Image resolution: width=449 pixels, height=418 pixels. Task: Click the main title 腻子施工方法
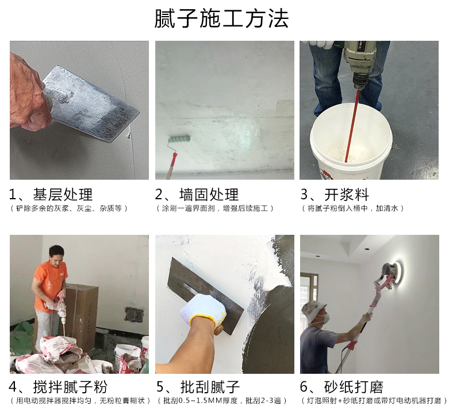(222, 19)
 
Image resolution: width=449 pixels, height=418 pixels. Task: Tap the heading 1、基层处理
(51, 194)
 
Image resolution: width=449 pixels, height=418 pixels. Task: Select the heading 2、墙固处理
(197, 194)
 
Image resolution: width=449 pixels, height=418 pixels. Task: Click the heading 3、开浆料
(335, 194)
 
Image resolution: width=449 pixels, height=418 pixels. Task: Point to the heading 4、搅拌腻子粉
(59, 386)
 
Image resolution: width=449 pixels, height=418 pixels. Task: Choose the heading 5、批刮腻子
(198, 386)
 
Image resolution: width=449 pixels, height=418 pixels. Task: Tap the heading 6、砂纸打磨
(342, 386)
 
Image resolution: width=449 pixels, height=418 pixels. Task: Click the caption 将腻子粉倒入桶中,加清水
(353, 208)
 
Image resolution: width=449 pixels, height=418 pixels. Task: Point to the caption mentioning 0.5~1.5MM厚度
(221, 400)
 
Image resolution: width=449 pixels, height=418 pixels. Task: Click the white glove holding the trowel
(202, 310)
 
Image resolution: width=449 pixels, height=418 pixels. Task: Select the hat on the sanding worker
(315, 310)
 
